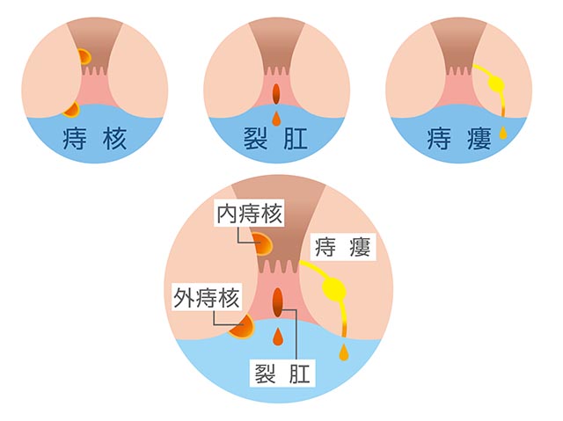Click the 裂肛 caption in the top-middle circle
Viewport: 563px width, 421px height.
pos(275,139)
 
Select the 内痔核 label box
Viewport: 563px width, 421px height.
pos(243,213)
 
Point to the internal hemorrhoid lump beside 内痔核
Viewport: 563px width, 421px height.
pos(262,243)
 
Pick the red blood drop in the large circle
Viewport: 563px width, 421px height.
pos(278,337)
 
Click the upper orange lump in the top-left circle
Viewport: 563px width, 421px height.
pos(83,57)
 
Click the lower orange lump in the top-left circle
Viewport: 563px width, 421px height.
pos(71,109)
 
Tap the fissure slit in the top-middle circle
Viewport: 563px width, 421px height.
pos(275,91)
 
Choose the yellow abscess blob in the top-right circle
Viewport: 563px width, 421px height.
pos(496,86)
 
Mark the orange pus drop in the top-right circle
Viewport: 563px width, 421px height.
pos(503,134)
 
